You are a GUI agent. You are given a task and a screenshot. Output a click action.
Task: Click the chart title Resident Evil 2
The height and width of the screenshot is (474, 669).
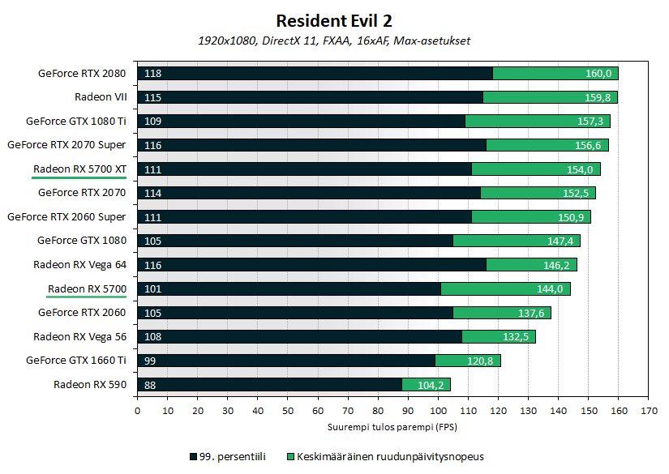point(334,20)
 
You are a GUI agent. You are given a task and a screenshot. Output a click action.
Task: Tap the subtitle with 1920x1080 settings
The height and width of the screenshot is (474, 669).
point(334,41)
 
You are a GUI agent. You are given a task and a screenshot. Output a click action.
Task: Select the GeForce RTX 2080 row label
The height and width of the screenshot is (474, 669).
point(82,73)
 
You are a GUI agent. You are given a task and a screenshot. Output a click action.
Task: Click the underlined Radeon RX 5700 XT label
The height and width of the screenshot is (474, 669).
point(79,169)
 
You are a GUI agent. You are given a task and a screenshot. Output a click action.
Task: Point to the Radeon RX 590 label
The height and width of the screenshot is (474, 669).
point(90,385)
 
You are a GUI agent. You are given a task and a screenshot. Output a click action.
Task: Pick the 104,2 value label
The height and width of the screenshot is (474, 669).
point(431,385)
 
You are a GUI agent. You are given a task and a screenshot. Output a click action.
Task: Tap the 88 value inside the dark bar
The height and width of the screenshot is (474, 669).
point(150,385)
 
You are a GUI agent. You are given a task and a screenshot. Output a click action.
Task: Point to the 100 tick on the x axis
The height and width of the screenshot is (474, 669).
point(438,411)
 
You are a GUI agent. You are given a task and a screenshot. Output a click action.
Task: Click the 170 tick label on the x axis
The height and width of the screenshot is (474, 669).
point(648,411)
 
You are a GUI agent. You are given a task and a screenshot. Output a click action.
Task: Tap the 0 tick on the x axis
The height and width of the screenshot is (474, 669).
point(138,411)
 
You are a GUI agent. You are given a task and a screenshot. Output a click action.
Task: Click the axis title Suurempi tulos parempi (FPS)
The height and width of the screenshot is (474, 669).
point(392,426)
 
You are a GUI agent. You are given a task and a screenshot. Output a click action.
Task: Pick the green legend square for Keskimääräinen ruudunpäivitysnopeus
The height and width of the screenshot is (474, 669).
point(291,455)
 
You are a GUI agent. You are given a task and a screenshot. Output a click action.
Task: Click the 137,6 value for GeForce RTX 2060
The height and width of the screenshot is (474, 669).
point(531,313)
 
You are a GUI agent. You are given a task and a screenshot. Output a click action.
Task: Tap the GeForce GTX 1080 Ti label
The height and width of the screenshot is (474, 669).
point(76,121)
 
